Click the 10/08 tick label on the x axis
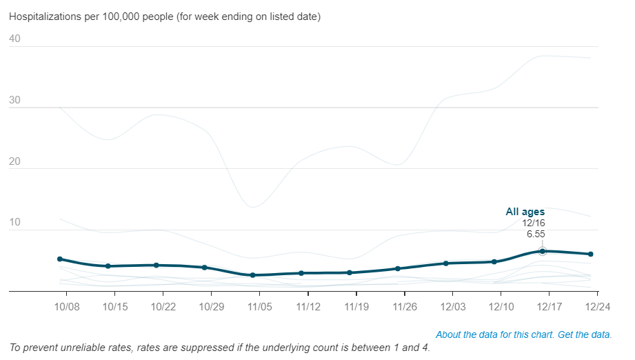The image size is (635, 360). tap(66, 306)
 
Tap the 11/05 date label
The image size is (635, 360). tap(259, 306)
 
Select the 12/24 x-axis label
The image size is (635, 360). tap(597, 306)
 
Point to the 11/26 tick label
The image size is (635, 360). tap(404, 306)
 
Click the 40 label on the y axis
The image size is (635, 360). tap(15, 39)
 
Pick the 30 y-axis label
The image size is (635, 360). tap(15, 101)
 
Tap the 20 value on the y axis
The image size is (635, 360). tap(15, 162)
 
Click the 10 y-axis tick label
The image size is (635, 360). tap(15, 223)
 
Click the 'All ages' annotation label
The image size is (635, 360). tap(525, 212)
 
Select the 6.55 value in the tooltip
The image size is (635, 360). tap(536, 234)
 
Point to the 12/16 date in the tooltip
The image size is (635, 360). tap(534, 223)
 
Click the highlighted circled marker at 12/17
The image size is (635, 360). tap(543, 251)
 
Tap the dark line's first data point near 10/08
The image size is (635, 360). tap(60, 259)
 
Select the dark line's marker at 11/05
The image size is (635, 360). tap(253, 275)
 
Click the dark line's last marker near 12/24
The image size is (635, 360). tap(591, 254)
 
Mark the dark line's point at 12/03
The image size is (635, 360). tap(446, 263)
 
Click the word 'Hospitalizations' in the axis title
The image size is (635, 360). tap(43, 16)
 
